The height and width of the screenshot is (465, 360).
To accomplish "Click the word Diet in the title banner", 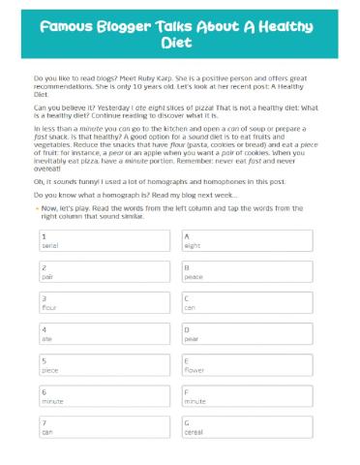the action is (180, 44).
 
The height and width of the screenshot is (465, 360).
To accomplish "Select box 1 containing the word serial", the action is (105, 240).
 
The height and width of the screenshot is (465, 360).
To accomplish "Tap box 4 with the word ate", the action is (105, 334).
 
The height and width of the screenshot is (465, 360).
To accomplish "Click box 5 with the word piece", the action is (105, 365).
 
